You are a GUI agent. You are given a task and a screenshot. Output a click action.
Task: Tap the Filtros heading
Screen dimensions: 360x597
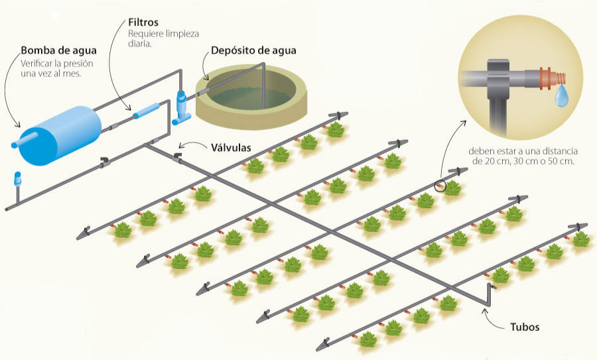click(143, 21)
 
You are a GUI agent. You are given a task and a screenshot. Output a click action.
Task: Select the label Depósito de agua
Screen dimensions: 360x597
click(253, 50)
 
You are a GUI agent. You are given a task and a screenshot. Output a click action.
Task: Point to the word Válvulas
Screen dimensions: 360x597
click(232, 147)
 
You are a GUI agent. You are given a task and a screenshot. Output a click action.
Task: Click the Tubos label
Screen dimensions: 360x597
click(525, 328)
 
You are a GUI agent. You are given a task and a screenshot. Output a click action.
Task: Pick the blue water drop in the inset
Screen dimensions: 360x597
click(561, 97)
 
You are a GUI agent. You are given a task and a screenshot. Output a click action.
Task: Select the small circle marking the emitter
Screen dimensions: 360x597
click(441, 187)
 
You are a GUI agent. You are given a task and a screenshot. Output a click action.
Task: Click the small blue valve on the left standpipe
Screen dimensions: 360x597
click(18, 178)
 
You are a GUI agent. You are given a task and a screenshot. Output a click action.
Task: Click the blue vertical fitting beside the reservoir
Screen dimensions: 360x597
click(181, 106)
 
